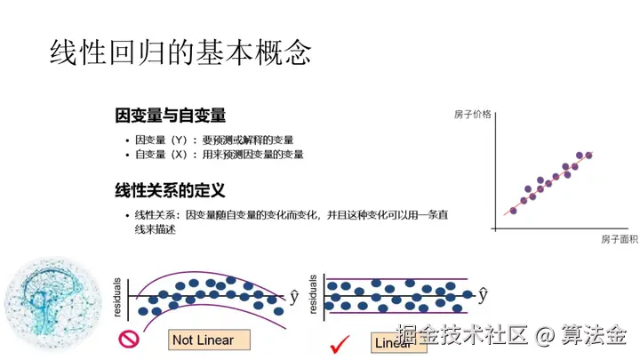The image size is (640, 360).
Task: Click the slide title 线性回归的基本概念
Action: pyautogui.click(x=180, y=52)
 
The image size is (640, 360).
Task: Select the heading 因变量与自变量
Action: pyautogui.click(x=170, y=116)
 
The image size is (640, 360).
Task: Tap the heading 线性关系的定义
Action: pyautogui.click(x=170, y=190)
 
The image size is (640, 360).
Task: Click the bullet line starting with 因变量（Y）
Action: pyautogui.click(x=213, y=140)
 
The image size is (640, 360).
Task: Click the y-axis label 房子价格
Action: pyautogui.click(x=472, y=115)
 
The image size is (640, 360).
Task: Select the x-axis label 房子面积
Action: pyautogui.click(x=620, y=239)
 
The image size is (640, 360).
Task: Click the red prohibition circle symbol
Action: pyautogui.click(x=130, y=339)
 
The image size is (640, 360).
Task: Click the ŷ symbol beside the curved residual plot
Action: pyautogui.click(x=294, y=295)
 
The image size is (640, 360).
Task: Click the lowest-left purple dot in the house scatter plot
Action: pyautogui.click(x=512, y=210)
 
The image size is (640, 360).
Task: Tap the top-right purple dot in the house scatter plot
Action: pyautogui.click(x=588, y=156)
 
